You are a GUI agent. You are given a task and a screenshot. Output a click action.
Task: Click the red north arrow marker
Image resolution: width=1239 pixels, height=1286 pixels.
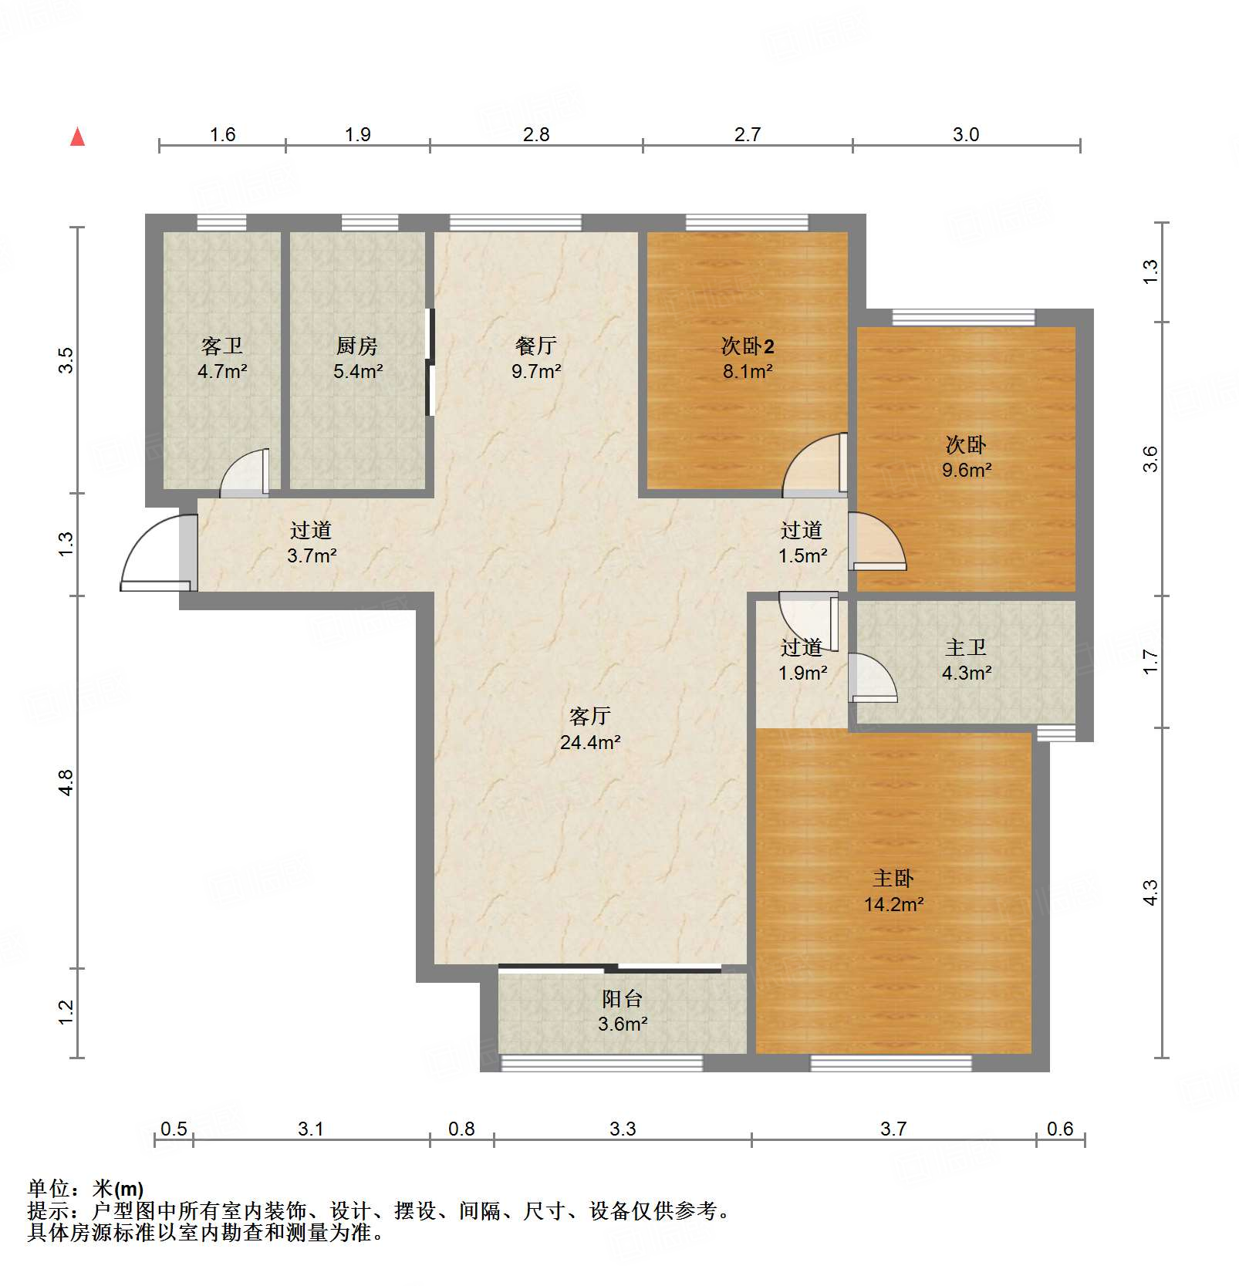[x=78, y=137]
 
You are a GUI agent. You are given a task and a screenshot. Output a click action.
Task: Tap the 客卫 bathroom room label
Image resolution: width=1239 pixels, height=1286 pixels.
[x=221, y=346]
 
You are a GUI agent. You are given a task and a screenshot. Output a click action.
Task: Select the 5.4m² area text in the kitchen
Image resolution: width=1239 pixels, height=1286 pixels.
[x=358, y=372]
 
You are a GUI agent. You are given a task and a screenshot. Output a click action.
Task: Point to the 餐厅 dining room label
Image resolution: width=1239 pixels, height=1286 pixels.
[x=535, y=346]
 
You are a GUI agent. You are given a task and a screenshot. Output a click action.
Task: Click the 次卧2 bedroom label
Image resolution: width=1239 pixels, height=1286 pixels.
[x=747, y=346]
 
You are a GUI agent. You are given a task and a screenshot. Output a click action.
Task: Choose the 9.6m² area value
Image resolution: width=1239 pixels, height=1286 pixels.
[x=966, y=470]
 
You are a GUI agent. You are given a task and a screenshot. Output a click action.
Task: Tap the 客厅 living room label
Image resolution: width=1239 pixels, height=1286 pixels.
[x=589, y=716]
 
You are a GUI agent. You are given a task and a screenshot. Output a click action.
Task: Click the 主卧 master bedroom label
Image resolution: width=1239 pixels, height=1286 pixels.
[x=893, y=878]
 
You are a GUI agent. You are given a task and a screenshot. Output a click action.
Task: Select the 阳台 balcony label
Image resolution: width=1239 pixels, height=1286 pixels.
[x=622, y=999]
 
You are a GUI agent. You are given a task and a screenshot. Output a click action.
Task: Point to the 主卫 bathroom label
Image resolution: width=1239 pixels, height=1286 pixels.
[x=965, y=647]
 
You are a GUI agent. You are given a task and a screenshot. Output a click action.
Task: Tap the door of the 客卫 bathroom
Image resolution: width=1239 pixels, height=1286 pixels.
[x=245, y=472]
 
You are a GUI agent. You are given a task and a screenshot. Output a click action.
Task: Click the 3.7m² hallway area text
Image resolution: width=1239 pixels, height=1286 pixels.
[x=312, y=555]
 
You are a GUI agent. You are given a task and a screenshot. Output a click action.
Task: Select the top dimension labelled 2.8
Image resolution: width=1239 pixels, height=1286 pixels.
[x=535, y=135]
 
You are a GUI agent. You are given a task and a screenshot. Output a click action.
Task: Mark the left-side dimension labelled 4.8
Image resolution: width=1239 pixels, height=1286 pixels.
[x=66, y=782]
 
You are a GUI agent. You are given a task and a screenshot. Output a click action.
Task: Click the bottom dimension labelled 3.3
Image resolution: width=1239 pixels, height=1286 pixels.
[x=622, y=1129]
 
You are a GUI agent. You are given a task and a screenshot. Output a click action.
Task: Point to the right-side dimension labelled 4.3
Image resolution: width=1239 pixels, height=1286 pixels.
[x=1150, y=893]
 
